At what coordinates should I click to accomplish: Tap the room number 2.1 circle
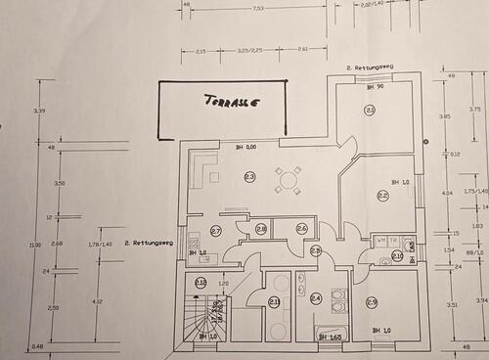click(x=371, y=111)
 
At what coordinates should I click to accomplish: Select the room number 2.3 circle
click(x=249, y=177)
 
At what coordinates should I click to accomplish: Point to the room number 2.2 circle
click(x=382, y=196)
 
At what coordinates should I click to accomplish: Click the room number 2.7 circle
click(x=216, y=231)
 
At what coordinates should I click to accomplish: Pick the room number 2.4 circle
click(x=316, y=298)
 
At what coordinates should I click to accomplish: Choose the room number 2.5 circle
click(x=372, y=302)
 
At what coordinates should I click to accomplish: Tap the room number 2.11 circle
click(x=275, y=301)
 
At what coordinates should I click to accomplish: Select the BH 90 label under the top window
click(x=373, y=88)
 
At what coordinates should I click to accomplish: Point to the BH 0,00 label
click(x=244, y=148)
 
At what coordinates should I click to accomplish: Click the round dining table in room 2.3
click(x=289, y=180)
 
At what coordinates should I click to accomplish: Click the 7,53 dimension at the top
click(x=258, y=9)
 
